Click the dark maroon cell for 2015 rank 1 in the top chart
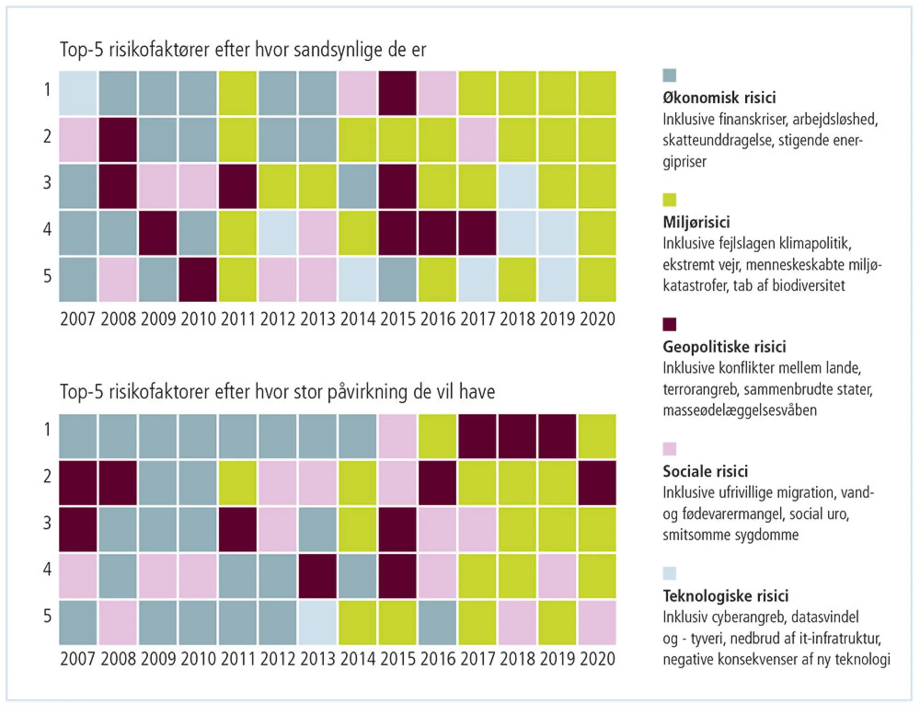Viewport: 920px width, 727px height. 397,93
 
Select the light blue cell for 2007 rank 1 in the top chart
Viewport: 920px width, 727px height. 78,93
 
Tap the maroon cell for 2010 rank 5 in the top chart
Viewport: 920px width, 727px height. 198,279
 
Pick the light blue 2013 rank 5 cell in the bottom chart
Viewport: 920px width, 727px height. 317,623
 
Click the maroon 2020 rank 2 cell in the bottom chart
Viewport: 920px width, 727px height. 597,483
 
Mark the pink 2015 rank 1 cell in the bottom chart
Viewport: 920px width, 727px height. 397,436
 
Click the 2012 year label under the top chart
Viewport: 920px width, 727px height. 277,319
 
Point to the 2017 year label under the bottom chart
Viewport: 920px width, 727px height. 477,659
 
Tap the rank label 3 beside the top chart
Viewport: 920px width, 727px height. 47,183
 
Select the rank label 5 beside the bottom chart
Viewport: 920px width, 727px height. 47,616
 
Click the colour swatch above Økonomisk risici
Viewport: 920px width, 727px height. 669,75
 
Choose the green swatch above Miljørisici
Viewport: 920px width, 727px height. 669,200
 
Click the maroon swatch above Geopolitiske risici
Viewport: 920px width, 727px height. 669,324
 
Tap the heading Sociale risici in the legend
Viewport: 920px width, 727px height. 705,471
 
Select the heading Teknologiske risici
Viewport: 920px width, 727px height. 725,596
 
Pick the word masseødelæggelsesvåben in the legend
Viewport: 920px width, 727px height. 740,410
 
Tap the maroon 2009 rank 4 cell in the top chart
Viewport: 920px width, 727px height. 158,233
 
